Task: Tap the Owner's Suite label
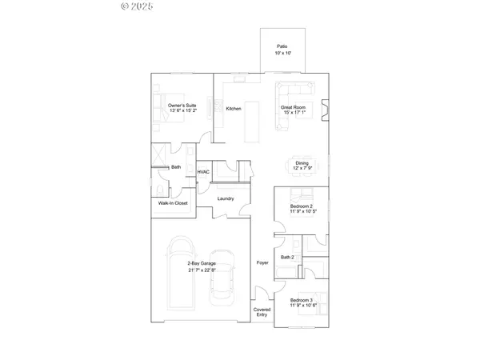(x=182, y=108)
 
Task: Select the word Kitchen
(x=234, y=109)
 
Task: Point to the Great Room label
(x=293, y=109)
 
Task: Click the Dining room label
(x=301, y=165)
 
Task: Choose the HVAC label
(x=203, y=171)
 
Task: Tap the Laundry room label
(x=226, y=198)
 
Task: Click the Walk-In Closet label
(x=173, y=203)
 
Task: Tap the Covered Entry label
(x=262, y=312)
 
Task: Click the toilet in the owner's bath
(x=161, y=189)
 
